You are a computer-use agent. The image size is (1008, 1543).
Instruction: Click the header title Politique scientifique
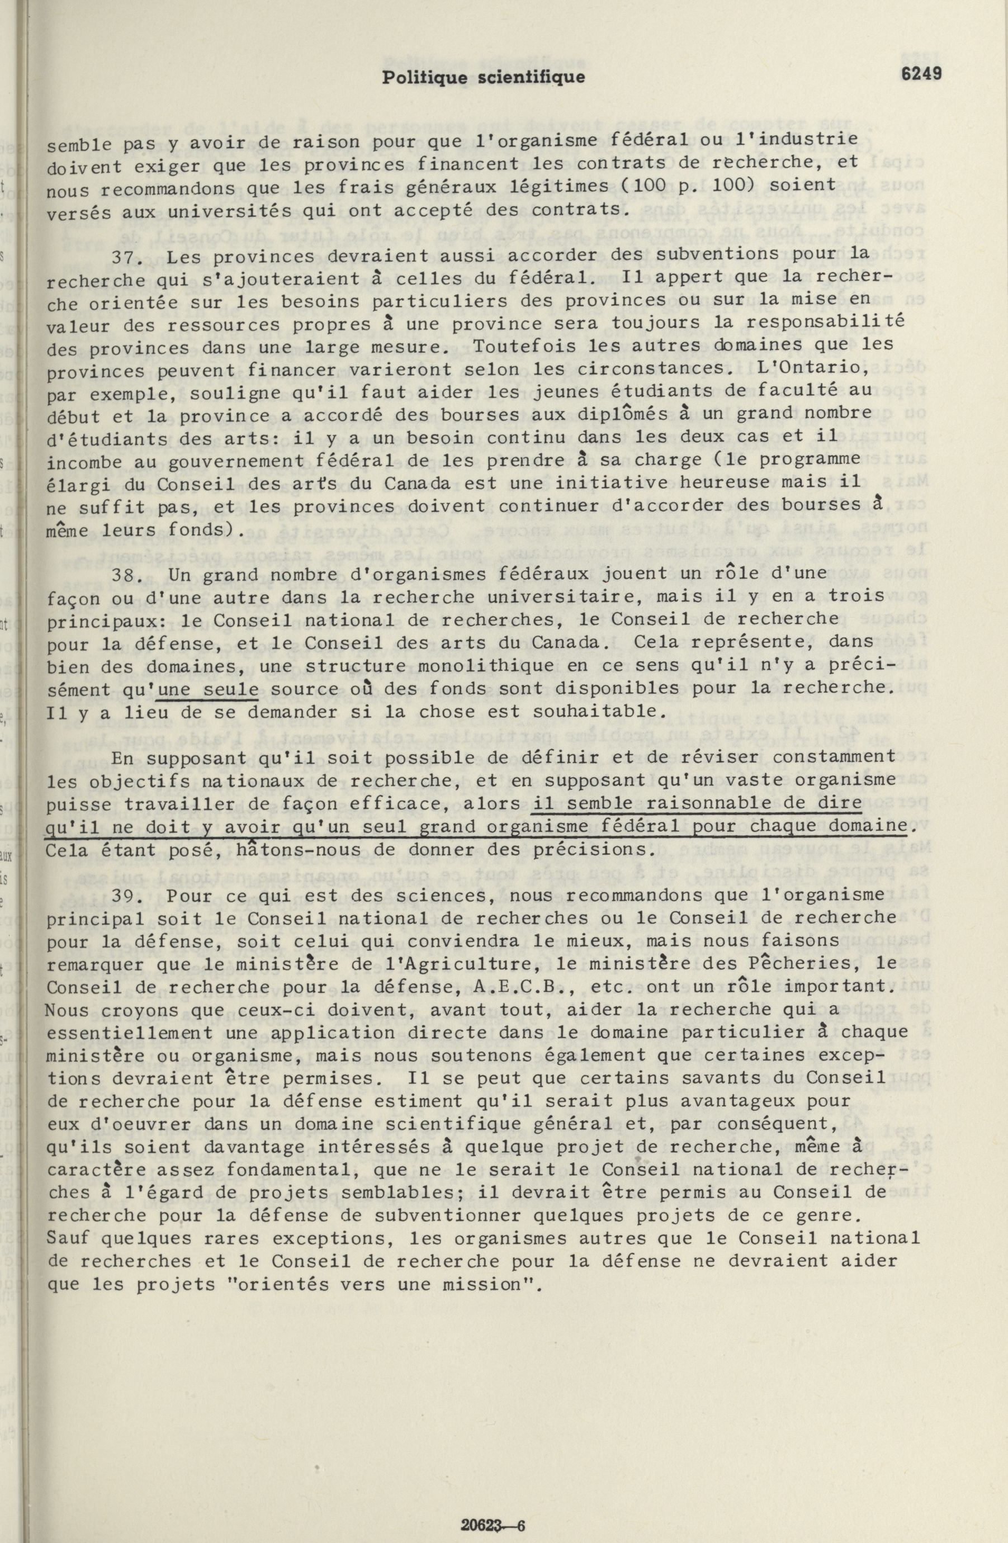[x=483, y=77]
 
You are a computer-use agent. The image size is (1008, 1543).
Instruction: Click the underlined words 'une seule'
[x=208, y=689]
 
